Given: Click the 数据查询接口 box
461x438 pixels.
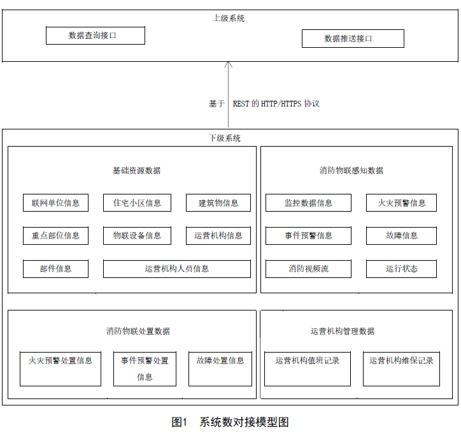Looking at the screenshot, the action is pos(96,36).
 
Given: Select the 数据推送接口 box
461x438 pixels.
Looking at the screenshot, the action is pos(353,38).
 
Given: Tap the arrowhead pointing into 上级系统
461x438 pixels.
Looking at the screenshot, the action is pos(229,64).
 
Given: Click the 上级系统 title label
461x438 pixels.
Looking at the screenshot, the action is pos(229,18).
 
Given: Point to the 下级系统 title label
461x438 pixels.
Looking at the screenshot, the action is pos(225,138).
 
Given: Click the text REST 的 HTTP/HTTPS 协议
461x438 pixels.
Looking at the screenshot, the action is pos(276,104).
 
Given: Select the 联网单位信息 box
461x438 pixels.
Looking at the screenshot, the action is pos(55,203).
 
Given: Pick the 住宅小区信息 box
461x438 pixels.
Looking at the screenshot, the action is pos(137,203).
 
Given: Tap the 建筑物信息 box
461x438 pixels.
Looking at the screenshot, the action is pos(218,203).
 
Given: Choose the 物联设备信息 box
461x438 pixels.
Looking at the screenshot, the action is pos(137,235).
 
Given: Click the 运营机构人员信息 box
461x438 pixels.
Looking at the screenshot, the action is pos(177,269).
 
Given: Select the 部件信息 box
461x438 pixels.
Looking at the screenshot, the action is pos(55,269).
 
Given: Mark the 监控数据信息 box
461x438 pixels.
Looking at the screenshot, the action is pos(308,203).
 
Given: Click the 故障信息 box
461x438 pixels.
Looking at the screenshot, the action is pos(401,235).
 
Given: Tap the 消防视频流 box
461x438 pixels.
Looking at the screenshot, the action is pos(308,269).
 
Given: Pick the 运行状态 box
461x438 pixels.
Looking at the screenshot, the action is pos(401,269).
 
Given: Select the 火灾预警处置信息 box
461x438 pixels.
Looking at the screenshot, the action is pos(60,369).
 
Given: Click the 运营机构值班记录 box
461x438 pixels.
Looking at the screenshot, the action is pos(308,369).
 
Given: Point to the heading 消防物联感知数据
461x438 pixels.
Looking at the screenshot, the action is pos(351,170).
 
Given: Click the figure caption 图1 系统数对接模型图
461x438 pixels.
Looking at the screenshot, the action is pos(230,422).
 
